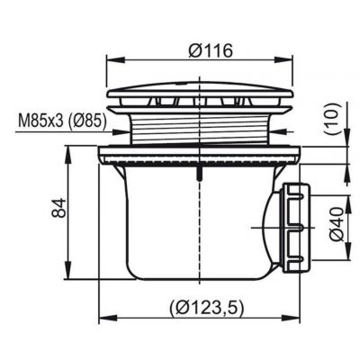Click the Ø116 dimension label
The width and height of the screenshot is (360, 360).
point(211,50)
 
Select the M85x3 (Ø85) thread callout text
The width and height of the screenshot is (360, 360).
point(62,121)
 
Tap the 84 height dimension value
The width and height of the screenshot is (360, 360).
point(58,208)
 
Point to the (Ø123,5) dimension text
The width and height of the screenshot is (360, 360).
point(206,307)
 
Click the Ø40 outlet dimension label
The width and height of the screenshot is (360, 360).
point(337,224)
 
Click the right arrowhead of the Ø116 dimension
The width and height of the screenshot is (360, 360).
point(283,60)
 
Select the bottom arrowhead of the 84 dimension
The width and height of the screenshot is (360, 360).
point(68,270)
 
